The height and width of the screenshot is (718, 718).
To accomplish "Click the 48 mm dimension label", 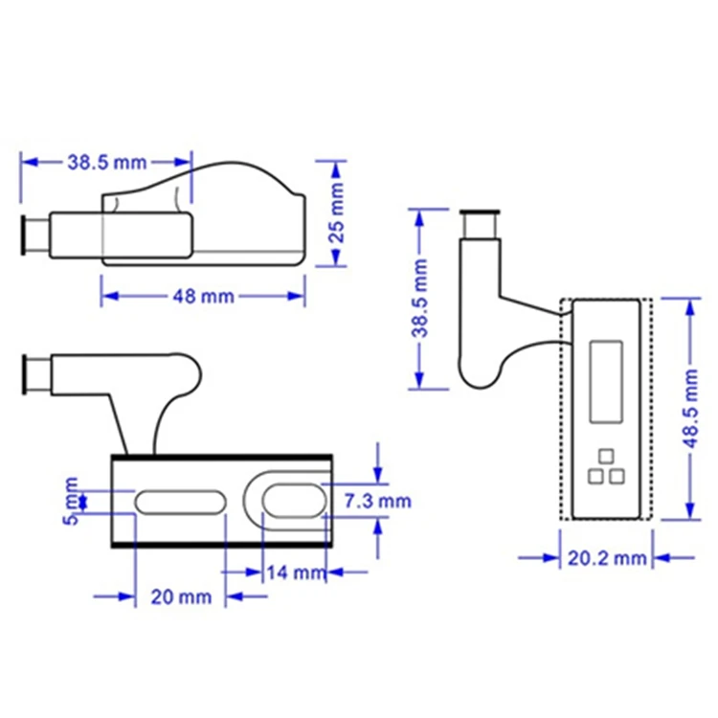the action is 203,297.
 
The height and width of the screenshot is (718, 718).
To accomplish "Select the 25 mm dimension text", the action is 337,213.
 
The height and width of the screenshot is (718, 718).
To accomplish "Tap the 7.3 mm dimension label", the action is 378,501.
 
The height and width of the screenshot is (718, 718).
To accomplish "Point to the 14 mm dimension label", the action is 296,572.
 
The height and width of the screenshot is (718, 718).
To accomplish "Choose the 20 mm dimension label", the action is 181,597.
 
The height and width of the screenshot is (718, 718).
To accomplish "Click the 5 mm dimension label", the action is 71,501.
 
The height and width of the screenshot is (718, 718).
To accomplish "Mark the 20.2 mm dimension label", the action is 607,558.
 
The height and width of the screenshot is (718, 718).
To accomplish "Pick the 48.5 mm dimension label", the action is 690,409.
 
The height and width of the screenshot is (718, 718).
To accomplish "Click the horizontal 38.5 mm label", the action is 107,162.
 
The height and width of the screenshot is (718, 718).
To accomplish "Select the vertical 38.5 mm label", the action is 419,299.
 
